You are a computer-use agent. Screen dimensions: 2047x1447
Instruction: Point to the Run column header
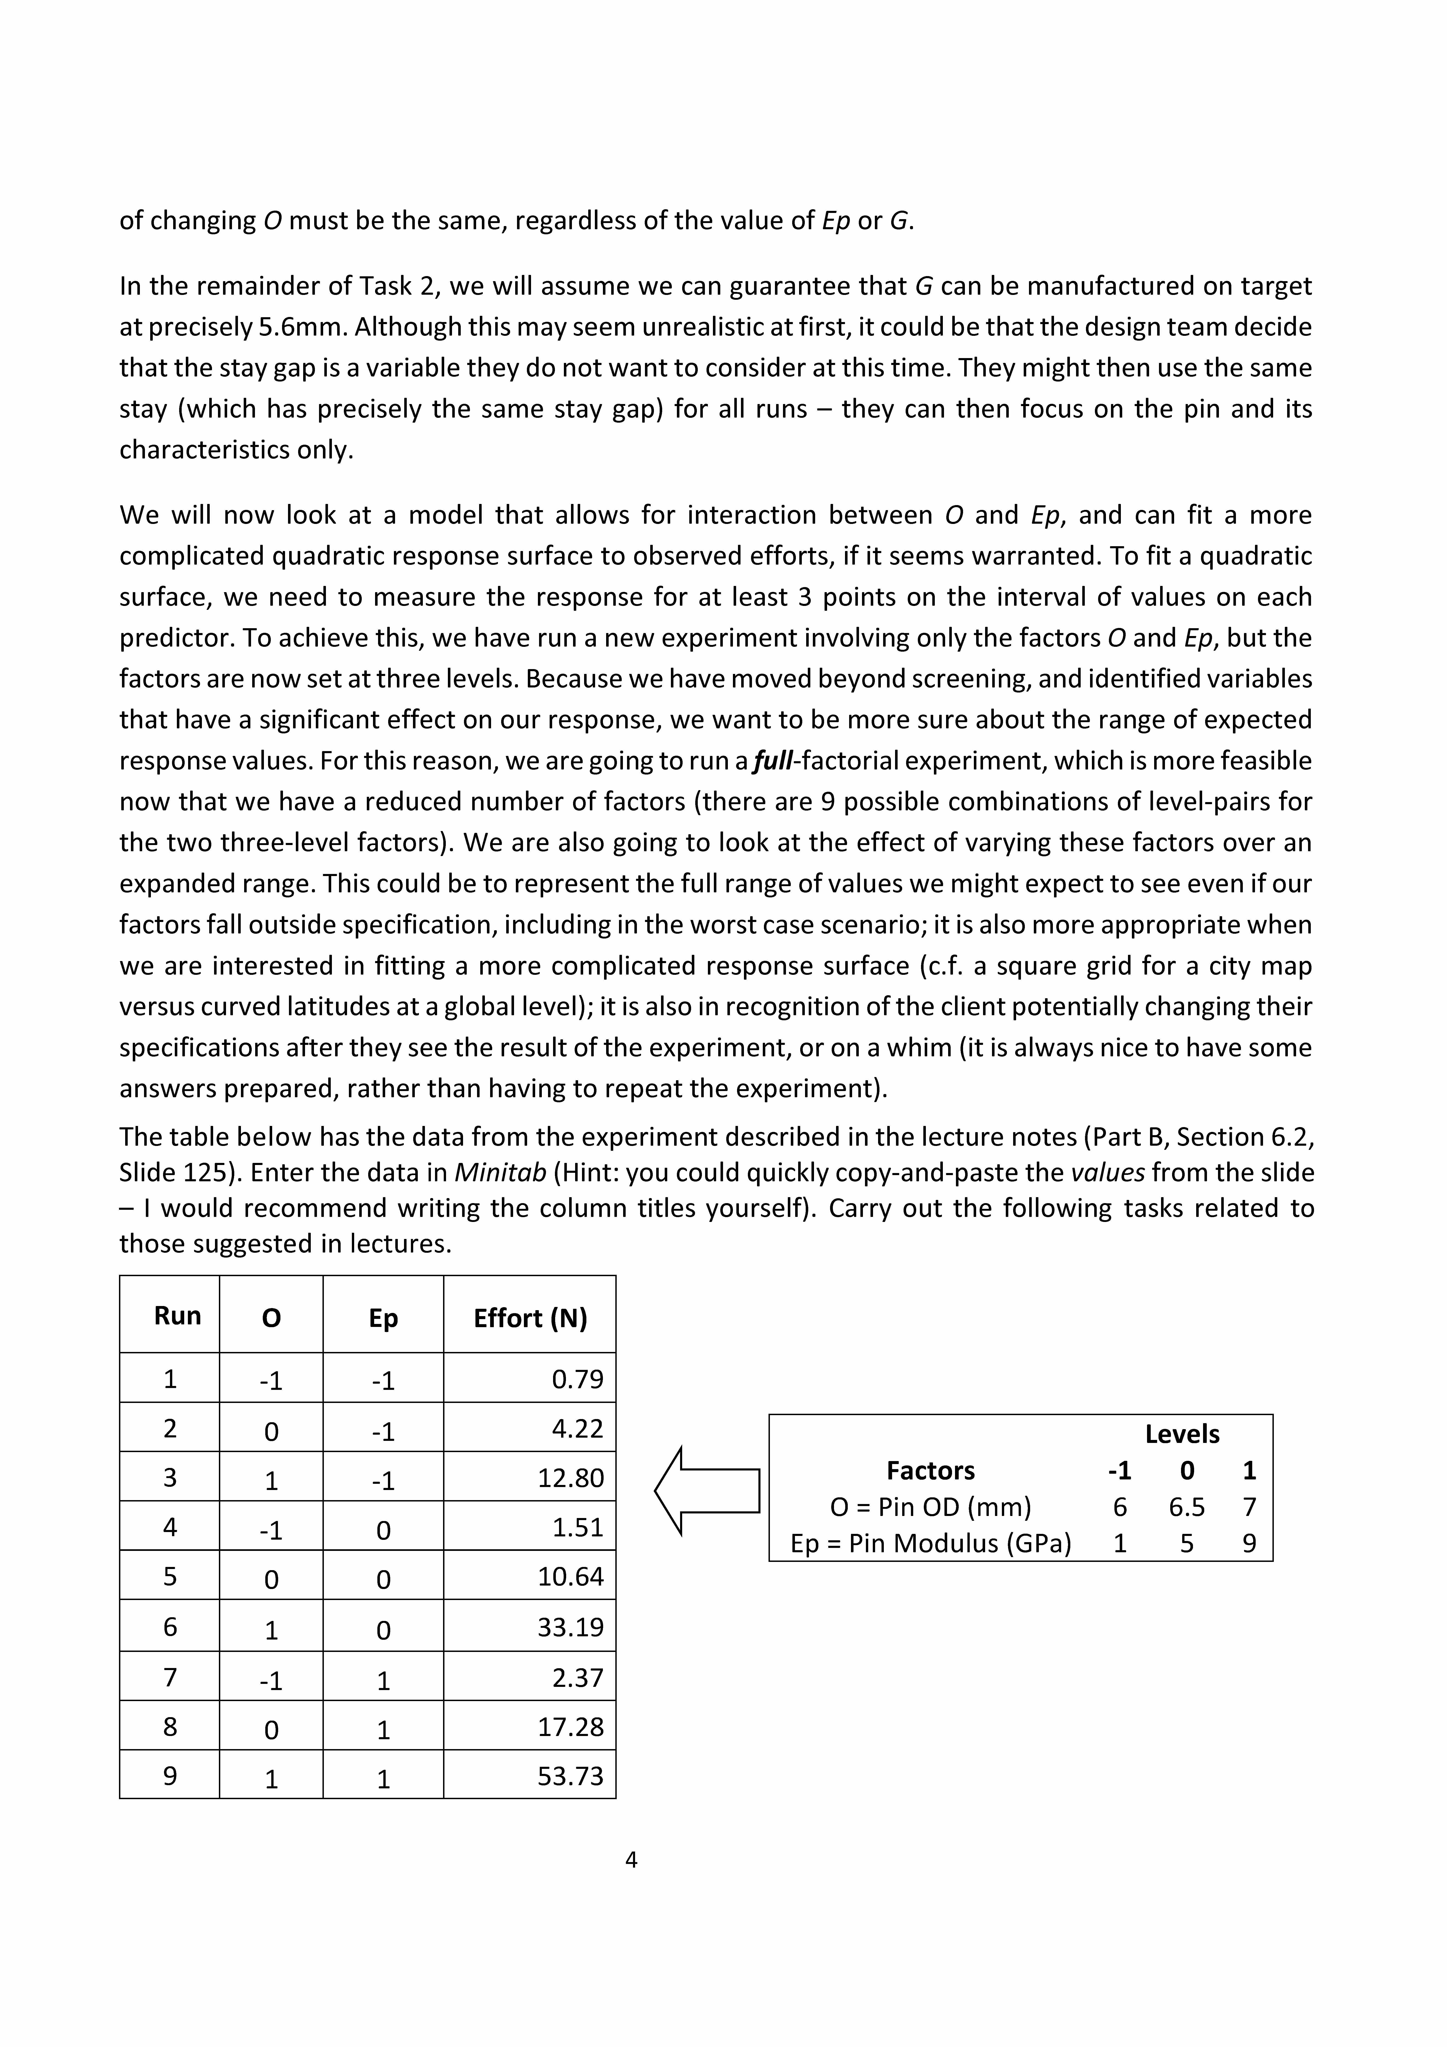(177, 1316)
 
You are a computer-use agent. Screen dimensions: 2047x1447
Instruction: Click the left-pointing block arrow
(706, 1491)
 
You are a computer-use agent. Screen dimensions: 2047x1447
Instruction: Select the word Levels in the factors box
(1182, 1434)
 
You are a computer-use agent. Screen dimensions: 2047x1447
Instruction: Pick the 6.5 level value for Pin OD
(1187, 1507)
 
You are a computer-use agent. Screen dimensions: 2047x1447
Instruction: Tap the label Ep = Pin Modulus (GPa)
(931, 1543)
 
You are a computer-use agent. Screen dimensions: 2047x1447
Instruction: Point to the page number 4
(631, 1860)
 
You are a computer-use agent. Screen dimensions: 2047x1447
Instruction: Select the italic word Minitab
(500, 1172)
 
